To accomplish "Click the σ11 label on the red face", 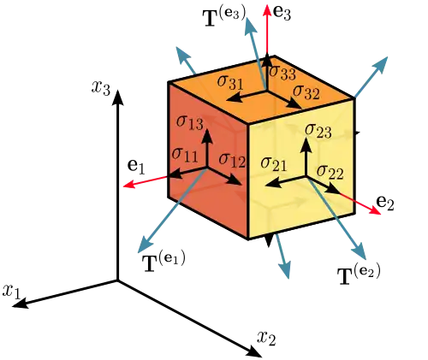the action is [185, 155].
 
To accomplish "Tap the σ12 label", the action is [232, 161].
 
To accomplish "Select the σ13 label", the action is [190, 123].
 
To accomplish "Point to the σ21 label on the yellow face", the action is [274, 164].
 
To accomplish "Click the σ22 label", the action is [330, 172].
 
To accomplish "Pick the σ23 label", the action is [318, 131].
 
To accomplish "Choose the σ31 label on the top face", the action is [230, 82].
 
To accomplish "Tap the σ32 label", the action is [306, 91].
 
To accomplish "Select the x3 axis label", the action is [100, 87].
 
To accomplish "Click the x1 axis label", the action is [12, 292].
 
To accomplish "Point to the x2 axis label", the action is [266, 339].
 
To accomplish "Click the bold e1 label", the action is [136, 167].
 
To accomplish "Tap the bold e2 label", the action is [385, 203].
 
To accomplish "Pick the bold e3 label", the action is [282, 13].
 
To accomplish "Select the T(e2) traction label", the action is [359, 274].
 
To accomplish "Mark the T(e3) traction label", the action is [224, 17].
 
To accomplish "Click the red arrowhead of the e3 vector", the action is [267, 11].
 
